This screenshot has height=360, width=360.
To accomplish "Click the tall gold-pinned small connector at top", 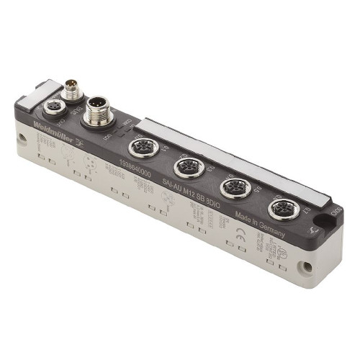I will click(71, 91).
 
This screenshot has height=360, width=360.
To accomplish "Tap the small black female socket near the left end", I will click(54, 107).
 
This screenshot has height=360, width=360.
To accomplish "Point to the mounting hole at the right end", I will click(307, 266).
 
